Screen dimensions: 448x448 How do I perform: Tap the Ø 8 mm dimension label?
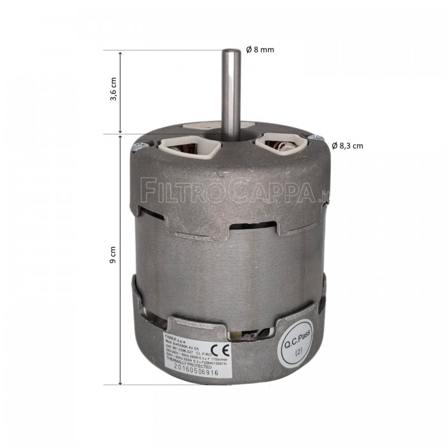pyautogui.click(x=260, y=50)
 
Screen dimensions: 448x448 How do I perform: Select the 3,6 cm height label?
pyautogui.click(x=113, y=93)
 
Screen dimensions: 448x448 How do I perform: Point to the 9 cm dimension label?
pyautogui.click(x=113, y=259)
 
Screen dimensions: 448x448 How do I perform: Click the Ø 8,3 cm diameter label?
pyautogui.click(x=348, y=145)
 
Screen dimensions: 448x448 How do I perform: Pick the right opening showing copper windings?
pyautogui.click(x=280, y=144)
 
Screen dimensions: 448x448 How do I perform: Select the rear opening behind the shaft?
pyautogui.click(x=203, y=129)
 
